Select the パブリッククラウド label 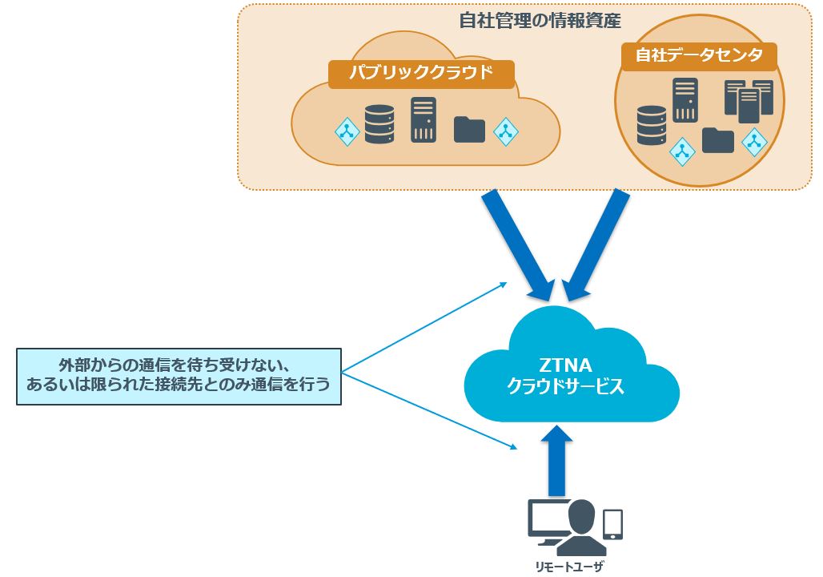420,75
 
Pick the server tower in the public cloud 424,119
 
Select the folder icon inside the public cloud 469,129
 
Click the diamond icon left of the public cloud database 347,131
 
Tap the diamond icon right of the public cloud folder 505,131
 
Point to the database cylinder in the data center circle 652,125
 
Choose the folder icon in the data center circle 718,140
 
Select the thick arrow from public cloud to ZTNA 516,240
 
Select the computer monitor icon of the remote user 548,521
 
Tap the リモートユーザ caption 569,567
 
